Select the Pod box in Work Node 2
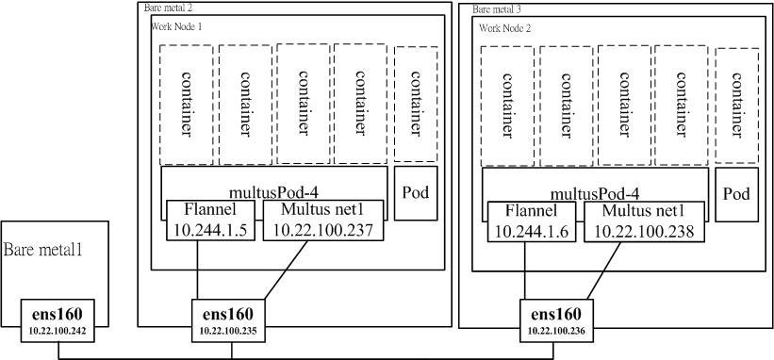(x=736, y=195)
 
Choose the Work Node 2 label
(x=504, y=27)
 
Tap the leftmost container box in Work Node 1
(x=186, y=104)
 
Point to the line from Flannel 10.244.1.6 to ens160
(x=524, y=273)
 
